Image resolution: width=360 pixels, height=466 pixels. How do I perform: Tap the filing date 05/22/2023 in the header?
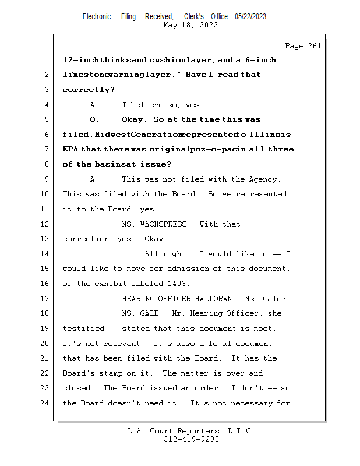pos(250,17)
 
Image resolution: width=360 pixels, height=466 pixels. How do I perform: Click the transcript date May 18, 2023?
pos(190,25)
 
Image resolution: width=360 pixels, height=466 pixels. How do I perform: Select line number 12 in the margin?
pos(45,224)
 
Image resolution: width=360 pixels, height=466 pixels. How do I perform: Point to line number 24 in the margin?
pos(45,403)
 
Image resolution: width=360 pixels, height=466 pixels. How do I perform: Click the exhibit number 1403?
pos(178,284)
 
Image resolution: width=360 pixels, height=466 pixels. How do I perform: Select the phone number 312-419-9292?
pos(190,439)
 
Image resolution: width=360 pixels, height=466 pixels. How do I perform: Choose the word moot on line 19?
pos(263,329)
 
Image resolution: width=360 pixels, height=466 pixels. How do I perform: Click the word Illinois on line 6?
pos(271,135)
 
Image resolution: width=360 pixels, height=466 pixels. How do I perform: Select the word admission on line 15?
pos(188,269)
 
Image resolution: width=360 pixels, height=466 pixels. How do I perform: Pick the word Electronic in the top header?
pos(97,17)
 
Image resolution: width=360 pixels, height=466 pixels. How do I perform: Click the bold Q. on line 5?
pos(94,119)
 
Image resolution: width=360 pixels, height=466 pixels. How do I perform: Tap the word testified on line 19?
pos(83,329)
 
